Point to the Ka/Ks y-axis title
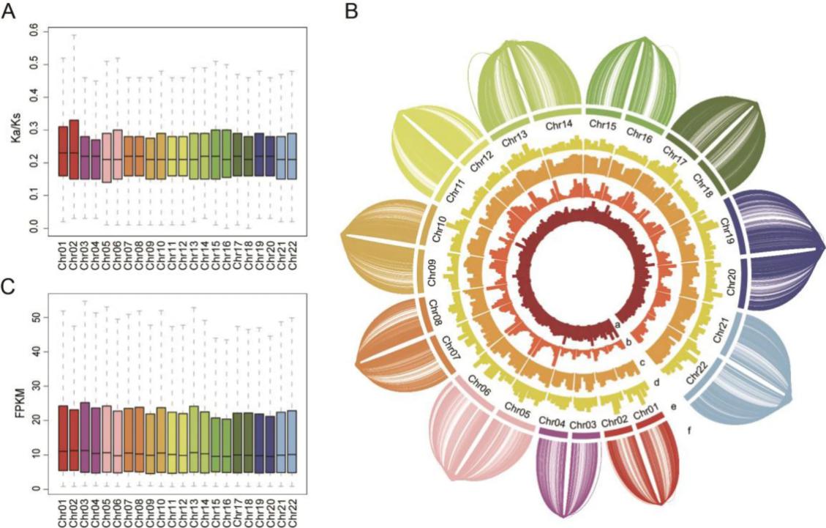pyautogui.click(x=12, y=124)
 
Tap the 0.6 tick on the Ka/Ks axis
pyautogui.click(x=33, y=31)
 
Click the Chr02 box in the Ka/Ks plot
pyautogui.click(x=74, y=149)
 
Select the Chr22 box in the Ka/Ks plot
pyautogui.click(x=292, y=156)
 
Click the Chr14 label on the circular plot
pyautogui.click(x=560, y=127)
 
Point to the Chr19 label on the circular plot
pyautogui.click(x=729, y=231)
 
